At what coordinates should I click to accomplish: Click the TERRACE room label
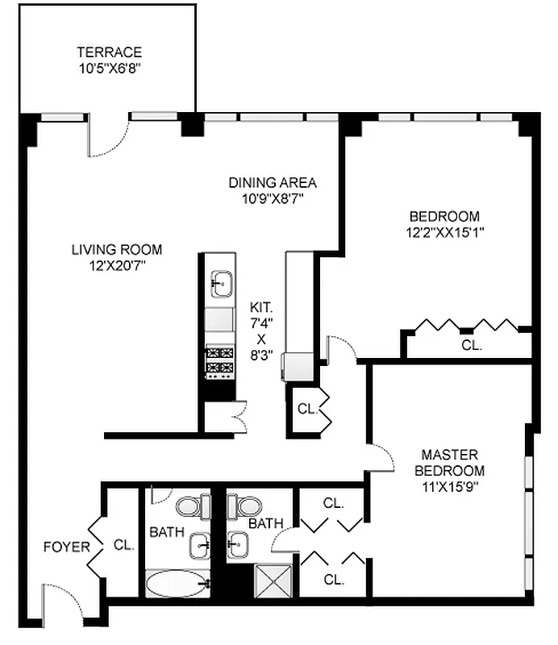[x=110, y=52]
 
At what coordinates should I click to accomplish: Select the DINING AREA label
[x=272, y=182]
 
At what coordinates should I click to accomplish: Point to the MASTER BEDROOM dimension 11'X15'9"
[x=450, y=486]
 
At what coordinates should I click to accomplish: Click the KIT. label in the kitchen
[x=261, y=308]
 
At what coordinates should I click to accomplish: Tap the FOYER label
[x=66, y=547]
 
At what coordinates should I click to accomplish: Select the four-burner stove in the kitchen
[x=219, y=360]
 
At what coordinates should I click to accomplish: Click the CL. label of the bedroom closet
[x=472, y=345]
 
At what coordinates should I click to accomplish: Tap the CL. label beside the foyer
[x=123, y=545]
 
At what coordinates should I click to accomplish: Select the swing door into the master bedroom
[x=379, y=457]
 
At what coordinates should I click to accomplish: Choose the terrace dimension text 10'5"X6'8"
[x=110, y=69]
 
